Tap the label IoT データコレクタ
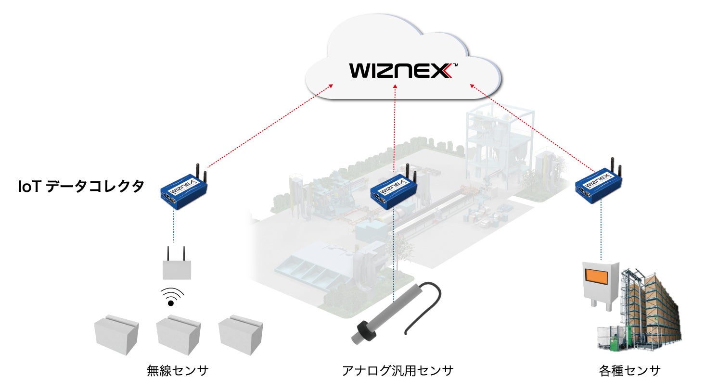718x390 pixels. click(x=81, y=187)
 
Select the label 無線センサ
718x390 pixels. click(x=178, y=371)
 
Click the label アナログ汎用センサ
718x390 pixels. click(x=397, y=371)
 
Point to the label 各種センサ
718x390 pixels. click(x=629, y=371)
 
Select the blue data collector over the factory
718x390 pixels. click(x=393, y=191)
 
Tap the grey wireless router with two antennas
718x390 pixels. click(x=177, y=268)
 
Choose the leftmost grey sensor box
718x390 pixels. click(x=116, y=334)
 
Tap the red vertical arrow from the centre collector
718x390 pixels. click(x=395, y=130)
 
